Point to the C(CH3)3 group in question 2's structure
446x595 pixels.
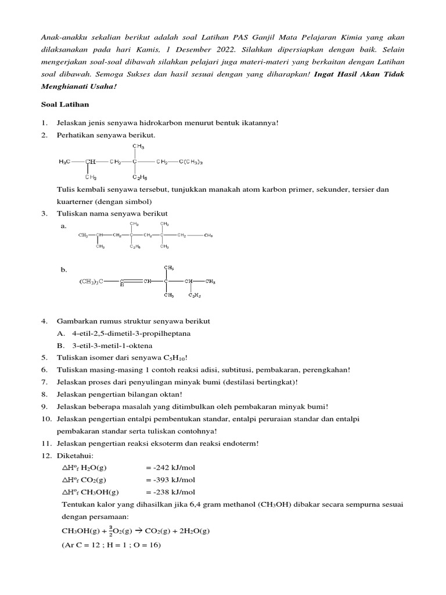tap(190, 162)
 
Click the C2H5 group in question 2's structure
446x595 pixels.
tap(140, 177)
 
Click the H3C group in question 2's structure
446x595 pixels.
tap(65, 162)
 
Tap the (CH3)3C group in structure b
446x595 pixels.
tap(91, 282)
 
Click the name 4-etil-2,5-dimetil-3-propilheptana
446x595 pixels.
tap(131, 334)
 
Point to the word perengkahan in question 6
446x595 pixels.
tap(326, 370)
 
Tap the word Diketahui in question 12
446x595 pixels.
tap(75, 456)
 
